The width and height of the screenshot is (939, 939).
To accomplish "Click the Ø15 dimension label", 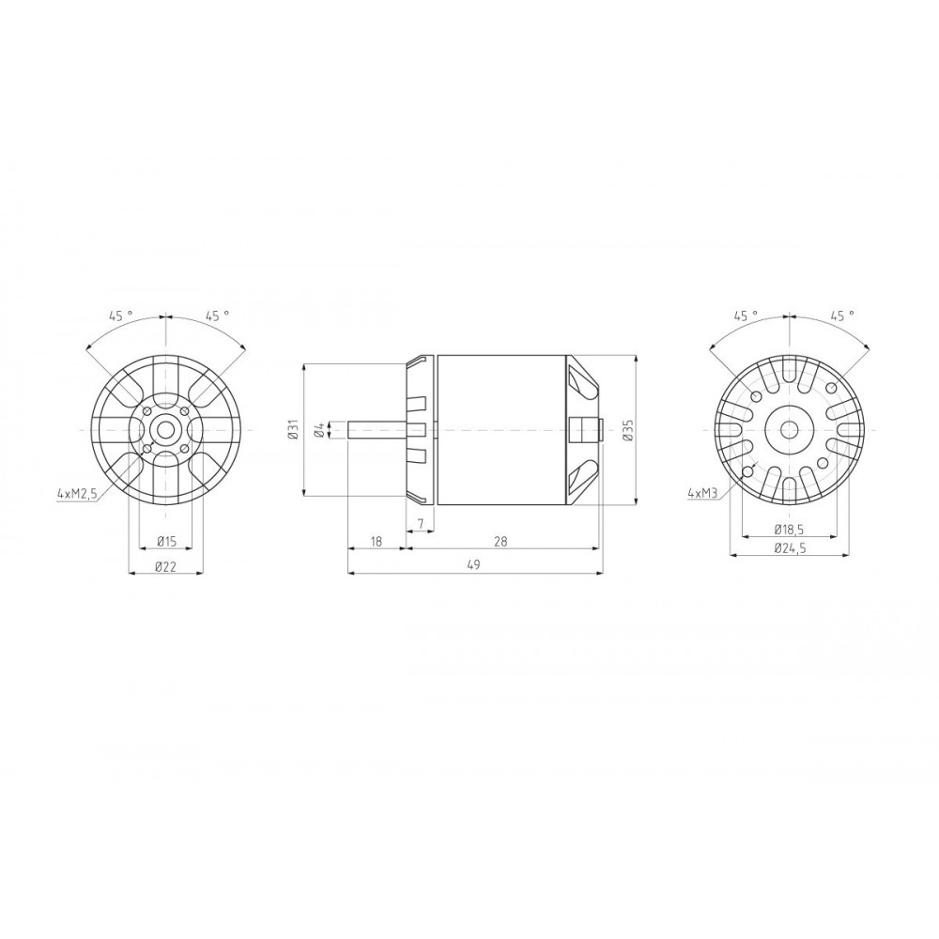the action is (x=166, y=542).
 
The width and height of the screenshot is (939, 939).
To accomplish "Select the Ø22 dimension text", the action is (x=166, y=566).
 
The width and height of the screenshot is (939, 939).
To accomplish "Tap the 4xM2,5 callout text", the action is (x=76, y=494).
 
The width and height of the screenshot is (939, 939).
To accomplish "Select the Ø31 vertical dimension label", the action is (x=293, y=430).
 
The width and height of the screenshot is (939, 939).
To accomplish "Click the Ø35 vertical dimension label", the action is (x=626, y=430).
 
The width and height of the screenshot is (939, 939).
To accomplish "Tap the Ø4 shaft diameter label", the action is (x=319, y=430).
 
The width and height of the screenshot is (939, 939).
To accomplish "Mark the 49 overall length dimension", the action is (x=474, y=564).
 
